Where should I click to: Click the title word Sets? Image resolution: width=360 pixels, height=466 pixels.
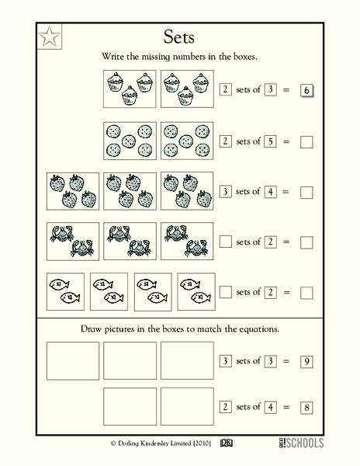[179, 37]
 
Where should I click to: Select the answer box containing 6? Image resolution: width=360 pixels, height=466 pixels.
[306, 91]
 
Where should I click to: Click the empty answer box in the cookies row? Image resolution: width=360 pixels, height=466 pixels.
[306, 141]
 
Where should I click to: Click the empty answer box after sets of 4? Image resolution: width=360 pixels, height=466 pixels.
[306, 192]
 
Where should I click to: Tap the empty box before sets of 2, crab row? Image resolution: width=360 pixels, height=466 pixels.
[226, 242]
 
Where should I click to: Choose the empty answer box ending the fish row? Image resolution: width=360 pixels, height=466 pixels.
[306, 293]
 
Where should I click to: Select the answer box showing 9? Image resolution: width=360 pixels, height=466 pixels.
[306, 361]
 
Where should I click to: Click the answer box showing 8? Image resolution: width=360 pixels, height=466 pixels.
[306, 406]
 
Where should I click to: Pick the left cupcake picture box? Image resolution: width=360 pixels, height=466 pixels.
[129, 90]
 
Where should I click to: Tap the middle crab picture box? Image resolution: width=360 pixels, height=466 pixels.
[129, 242]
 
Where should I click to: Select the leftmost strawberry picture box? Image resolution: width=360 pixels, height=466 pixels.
[73, 191]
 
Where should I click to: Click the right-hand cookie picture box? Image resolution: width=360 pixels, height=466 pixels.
[186, 141]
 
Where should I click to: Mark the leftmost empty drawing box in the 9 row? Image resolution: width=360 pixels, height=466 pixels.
[73, 361]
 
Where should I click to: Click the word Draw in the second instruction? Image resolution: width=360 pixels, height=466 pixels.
[94, 329]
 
